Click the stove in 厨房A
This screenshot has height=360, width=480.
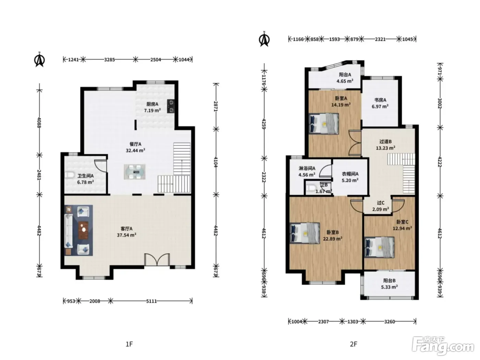[x=170, y=106]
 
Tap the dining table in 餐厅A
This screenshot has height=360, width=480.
[x=134, y=172]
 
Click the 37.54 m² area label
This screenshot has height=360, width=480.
[x=127, y=235]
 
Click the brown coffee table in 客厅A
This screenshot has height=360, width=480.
[x=83, y=230]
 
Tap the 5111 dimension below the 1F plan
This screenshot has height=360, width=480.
[x=151, y=301]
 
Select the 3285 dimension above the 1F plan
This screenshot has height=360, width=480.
[x=109, y=59]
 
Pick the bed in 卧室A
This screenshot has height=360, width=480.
[x=324, y=123]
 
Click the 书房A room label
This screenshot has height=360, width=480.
[x=380, y=100]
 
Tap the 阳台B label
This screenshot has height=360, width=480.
[x=389, y=281]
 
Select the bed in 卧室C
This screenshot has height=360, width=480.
[x=380, y=248]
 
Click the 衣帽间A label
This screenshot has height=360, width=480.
[x=350, y=174]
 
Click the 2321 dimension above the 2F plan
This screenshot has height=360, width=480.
[x=380, y=39]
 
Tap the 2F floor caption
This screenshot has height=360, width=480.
[x=353, y=344]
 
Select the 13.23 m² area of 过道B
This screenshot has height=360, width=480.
[x=385, y=148]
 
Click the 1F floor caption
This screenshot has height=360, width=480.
[x=129, y=344]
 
